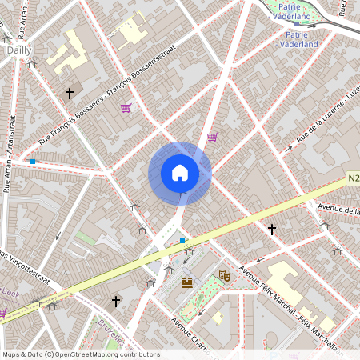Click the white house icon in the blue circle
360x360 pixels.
click(180, 173)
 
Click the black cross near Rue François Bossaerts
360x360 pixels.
click(70, 94)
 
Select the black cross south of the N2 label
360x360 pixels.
click(272, 230)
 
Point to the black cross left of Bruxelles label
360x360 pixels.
click(117, 301)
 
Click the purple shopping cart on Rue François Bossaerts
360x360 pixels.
click(126, 108)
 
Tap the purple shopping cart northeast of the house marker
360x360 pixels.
click(212, 137)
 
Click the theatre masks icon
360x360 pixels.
click(225, 276)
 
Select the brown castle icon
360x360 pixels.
click(187, 282)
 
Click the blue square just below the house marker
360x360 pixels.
click(182, 240)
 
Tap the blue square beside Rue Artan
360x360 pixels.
click(32, 162)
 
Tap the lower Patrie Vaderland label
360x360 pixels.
click(299, 45)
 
